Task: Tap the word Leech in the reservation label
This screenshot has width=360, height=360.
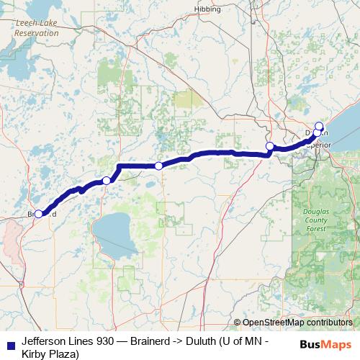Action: click(x=27, y=23)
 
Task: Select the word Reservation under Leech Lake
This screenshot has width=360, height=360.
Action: click(x=37, y=32)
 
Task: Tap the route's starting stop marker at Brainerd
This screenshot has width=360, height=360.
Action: click(x=39, y=213)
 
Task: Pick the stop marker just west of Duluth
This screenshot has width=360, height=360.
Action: click(x=269, y=146)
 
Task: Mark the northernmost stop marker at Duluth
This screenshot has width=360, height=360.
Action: click(x=320, y=126)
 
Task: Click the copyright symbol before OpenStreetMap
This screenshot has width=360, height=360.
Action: click(x=238, y=323)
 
